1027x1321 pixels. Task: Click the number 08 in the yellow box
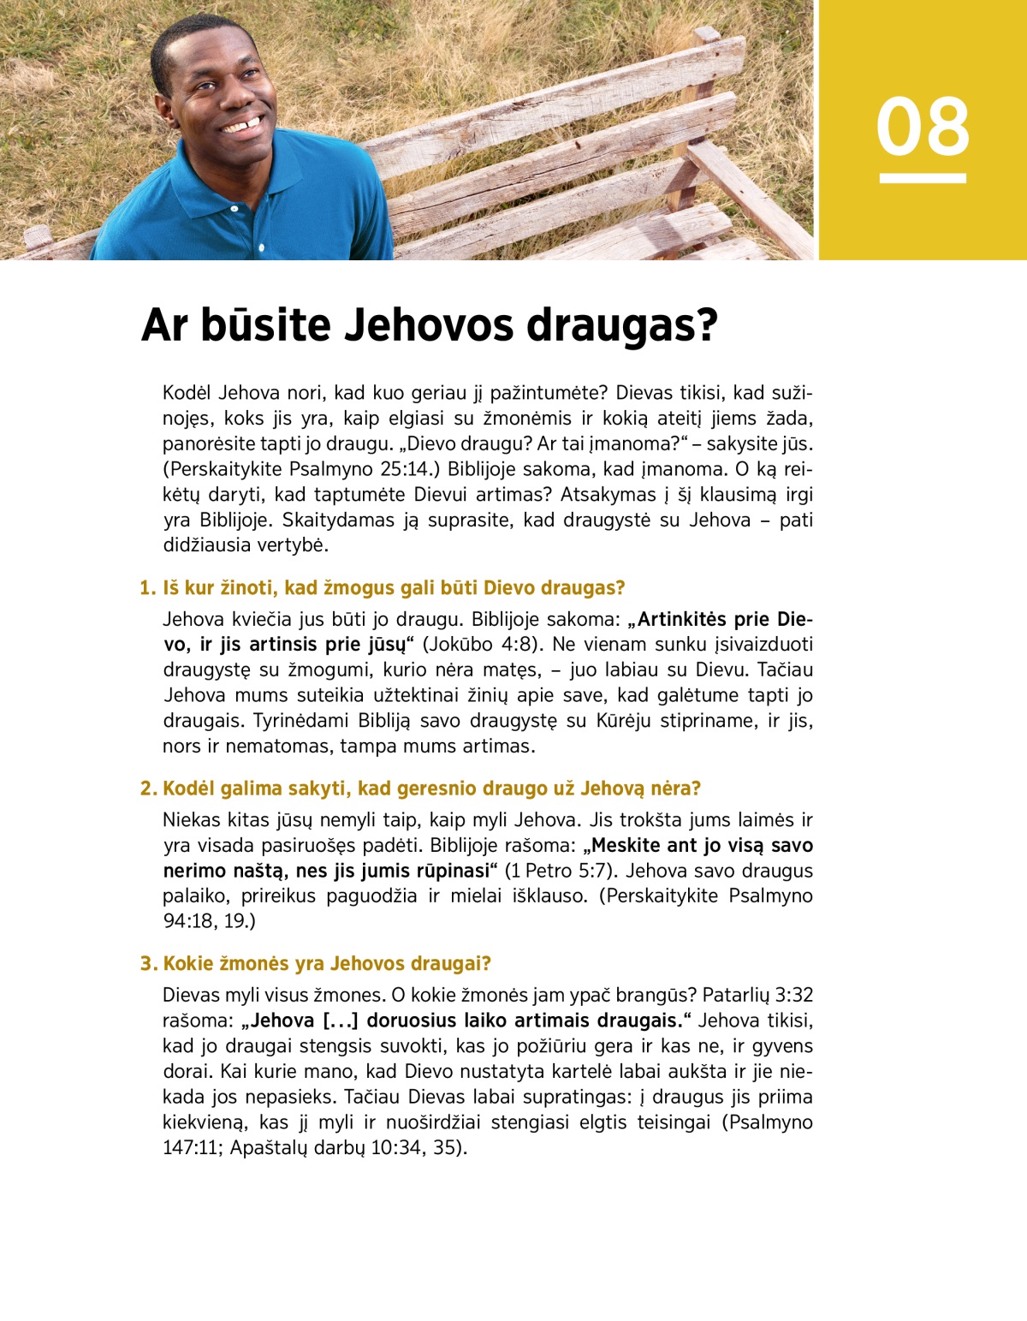923,127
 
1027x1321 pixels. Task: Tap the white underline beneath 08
923,178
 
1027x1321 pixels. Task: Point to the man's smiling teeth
243,127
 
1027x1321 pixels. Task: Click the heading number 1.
147,588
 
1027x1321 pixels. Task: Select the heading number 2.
148,788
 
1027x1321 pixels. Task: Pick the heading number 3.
148,964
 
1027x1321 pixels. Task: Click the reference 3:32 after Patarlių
793,995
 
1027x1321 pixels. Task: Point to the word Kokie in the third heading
189,964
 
